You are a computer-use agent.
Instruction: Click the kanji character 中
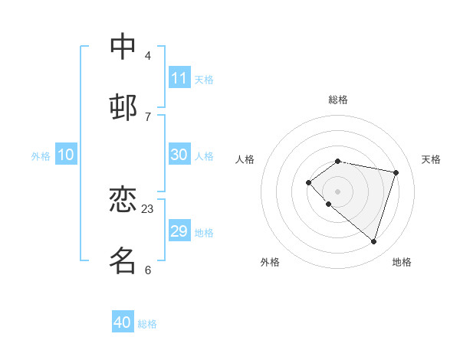pyautogui.click(x=123, y=47)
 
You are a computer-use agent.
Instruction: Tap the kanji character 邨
pyautogui.click(x=123, y=106)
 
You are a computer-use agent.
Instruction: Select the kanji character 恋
pyautogui.click(x=123, y=200)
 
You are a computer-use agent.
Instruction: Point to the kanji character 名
pyautogui.click(x=123, y=260)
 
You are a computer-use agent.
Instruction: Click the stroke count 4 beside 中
pyautogui.click(x=148, y=56)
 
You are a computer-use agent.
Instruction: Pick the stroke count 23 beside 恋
pyautogui.click(x=148, y=209)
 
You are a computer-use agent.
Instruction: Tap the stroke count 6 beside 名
pyautogui.click(x=148, y=270)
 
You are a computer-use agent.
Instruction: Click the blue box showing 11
pyautogui.click(x=179, y=77)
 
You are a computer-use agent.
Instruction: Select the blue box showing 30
pyautogui.click(x=179, y=154)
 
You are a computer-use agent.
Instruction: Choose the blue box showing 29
pyautogui.click(x=179, y=231)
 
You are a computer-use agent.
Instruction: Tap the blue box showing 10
pyautogui.click(x=65, y=155)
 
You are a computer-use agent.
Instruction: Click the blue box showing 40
pyautogui.click(x=122, y=322)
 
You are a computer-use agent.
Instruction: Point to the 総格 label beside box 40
pyautogui.click(x=147, y=324)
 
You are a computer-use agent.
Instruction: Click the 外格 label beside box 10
pyautogui.click(x=41, y=156)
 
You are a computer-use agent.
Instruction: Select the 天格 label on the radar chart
pyautogui.click(x=431, y=159)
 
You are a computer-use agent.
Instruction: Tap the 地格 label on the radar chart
pyautogui.click(x=402, y=262)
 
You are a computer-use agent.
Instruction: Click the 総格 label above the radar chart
pyautogui.click(x=338, y=100)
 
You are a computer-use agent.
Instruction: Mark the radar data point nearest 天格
pyautogui.click(x=396, y=172)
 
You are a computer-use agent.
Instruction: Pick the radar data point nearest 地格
pyautogui.click(x=373, y=241)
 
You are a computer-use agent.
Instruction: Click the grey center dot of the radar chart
pyautogui.click(x=337, y=191)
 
